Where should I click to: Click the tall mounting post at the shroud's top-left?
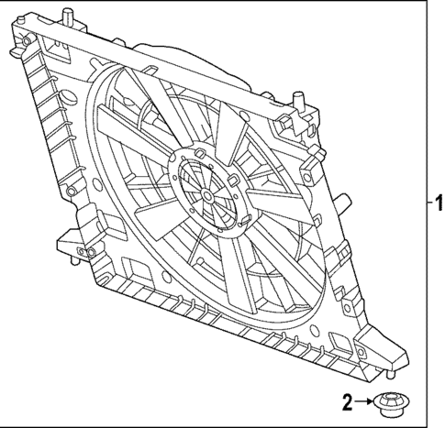[x=69, y=18]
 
